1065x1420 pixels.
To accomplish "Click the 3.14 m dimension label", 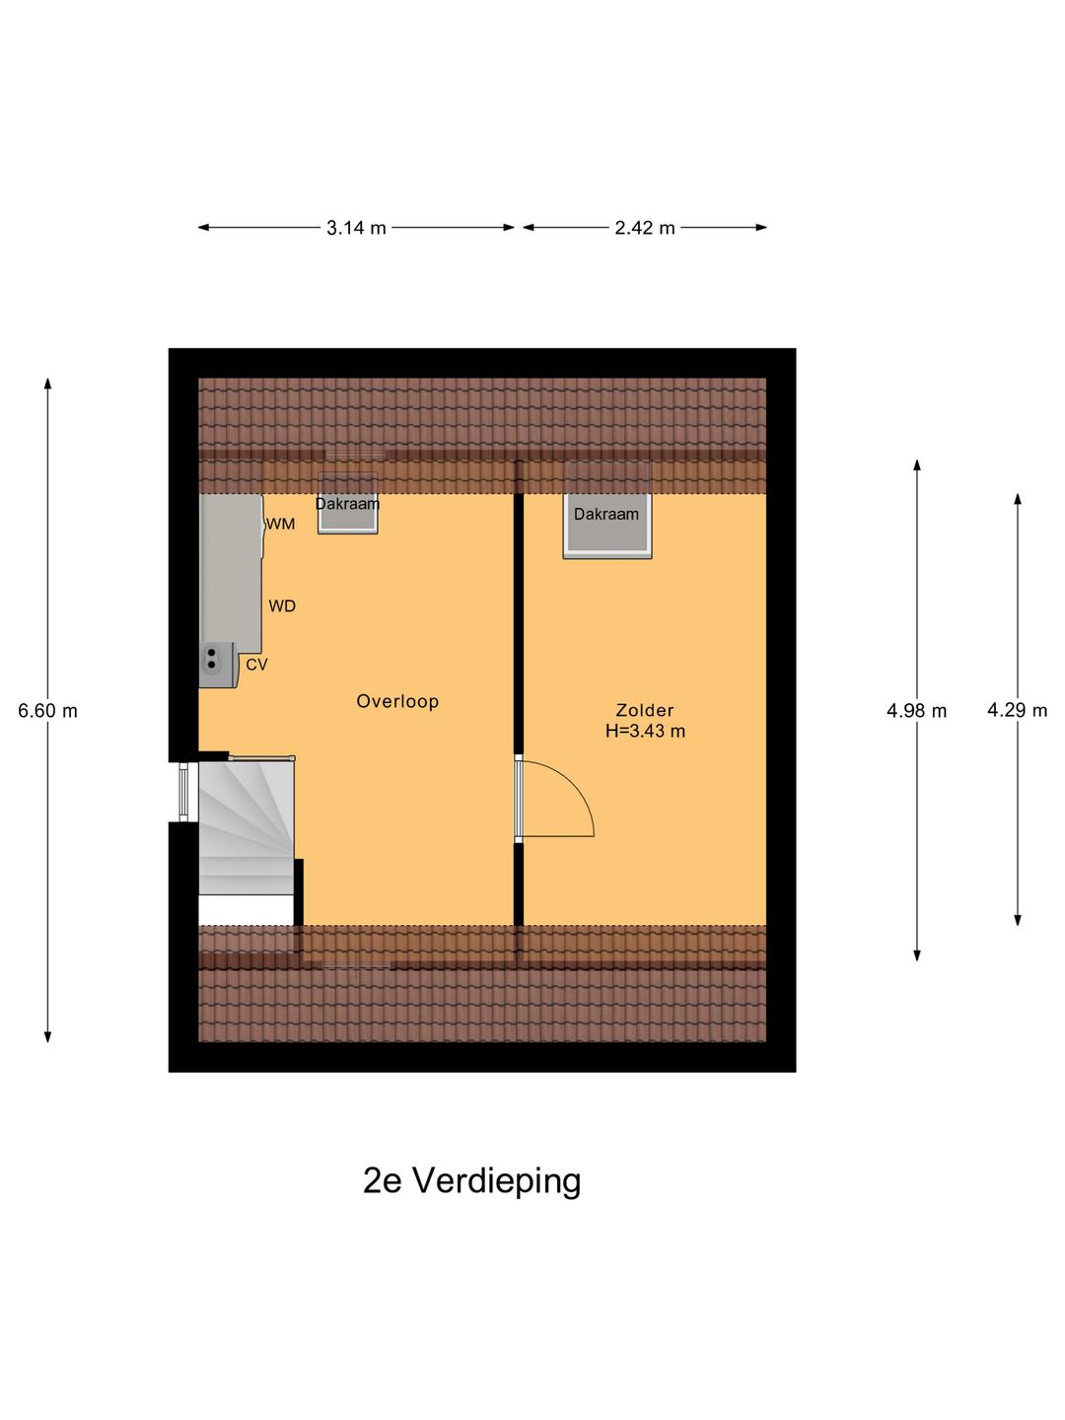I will [x=356, y=228].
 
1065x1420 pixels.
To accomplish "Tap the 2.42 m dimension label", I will [x=645, y=228].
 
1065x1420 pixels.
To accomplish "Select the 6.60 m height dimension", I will [x=47, y=711].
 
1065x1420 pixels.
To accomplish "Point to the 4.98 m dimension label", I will [x=916, y=711].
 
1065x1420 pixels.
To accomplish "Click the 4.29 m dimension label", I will [x=1017, y=710].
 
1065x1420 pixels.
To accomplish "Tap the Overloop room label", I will [x=397, y=701].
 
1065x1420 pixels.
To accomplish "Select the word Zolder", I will [x=645, y=710].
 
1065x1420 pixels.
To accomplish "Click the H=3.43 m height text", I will [x=645, y=732].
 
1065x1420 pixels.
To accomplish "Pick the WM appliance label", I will [x=281, y=525].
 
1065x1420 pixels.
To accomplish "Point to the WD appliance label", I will [x=282, y=606].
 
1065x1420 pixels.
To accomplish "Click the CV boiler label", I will [x=256, y=666].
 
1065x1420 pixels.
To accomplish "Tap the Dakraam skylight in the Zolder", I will [x=607, y=523].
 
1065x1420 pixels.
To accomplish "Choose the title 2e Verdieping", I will [x=471, y=1180].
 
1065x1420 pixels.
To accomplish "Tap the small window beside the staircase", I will [x=183, y=792].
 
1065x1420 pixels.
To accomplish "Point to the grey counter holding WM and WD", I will [x=232, y=572].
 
